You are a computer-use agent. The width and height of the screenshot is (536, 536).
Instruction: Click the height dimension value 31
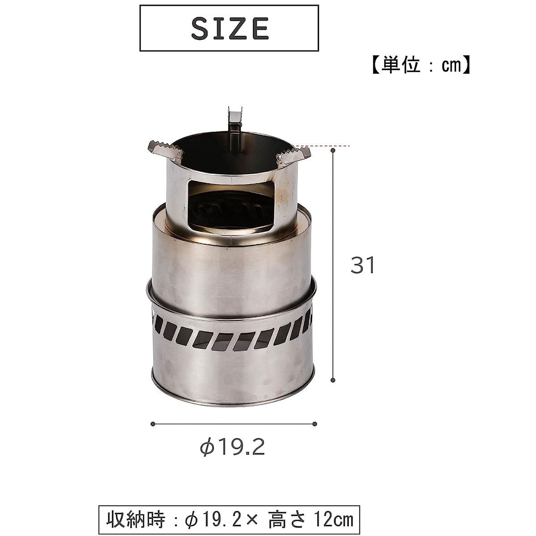(363, 266)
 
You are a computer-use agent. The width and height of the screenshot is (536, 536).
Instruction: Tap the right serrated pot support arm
(293, 156)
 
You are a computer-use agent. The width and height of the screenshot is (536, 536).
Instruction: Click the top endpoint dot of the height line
(333, 151)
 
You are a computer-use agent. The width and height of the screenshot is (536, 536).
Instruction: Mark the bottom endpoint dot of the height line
(333, 380)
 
